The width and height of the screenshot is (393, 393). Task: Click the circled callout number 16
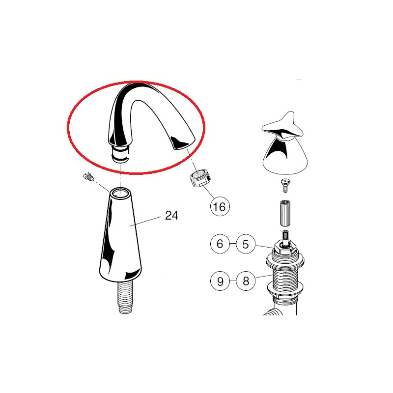tap(220, 206)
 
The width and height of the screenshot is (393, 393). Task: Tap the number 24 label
tap(171, 215)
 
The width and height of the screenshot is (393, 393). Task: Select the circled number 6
tap(220, 244)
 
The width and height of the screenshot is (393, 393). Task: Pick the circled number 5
tap(246, 244)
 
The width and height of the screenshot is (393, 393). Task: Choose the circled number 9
tap(220, 281)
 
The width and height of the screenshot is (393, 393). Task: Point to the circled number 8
tap(246, 281)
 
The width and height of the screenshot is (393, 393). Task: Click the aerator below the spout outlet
tap(200, 178)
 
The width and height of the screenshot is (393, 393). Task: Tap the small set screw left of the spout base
tap(88, 176)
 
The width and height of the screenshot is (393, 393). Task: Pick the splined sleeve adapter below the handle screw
tap(285, 213)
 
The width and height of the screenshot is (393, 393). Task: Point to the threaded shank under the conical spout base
tap(125, 297)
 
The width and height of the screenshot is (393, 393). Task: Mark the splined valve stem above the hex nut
tap(285, 236)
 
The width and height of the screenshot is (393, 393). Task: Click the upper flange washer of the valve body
tap(285, 261)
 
